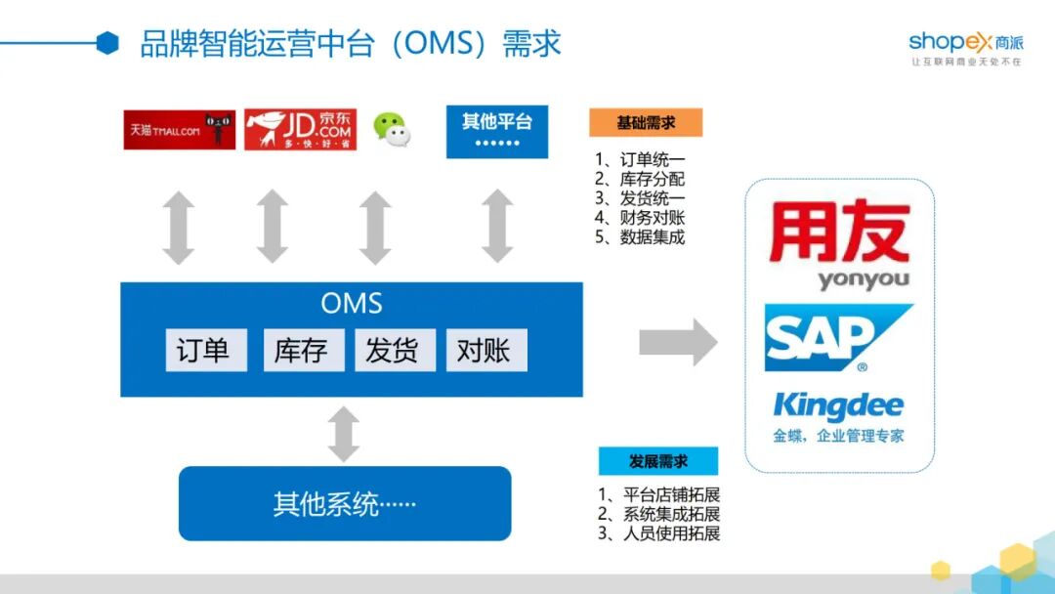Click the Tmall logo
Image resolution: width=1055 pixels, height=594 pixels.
point(179,130)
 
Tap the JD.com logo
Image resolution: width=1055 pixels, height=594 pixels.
point(300,130)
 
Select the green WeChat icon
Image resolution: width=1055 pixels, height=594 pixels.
point(393,129)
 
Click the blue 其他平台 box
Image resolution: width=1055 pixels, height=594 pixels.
point(497,132)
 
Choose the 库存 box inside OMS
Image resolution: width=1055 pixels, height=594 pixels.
point(303,351)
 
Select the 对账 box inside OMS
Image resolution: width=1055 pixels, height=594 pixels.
point(485,351)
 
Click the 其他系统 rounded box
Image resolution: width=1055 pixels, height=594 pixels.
point(345,504)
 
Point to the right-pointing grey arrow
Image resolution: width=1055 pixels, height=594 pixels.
point(678,343)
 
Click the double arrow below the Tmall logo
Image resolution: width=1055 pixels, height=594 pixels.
point(179,228)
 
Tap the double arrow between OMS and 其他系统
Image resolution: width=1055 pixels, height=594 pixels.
point(344,434)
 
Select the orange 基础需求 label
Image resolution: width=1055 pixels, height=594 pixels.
point(646,123)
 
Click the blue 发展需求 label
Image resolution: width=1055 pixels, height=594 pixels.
point(657,461)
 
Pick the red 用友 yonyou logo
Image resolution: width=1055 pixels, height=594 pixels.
point(839,244)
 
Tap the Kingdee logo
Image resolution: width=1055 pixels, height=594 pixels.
point(838,414)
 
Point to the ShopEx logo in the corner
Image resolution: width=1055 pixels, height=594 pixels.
point(965,47)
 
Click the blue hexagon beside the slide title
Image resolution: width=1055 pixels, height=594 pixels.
point(107,43)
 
